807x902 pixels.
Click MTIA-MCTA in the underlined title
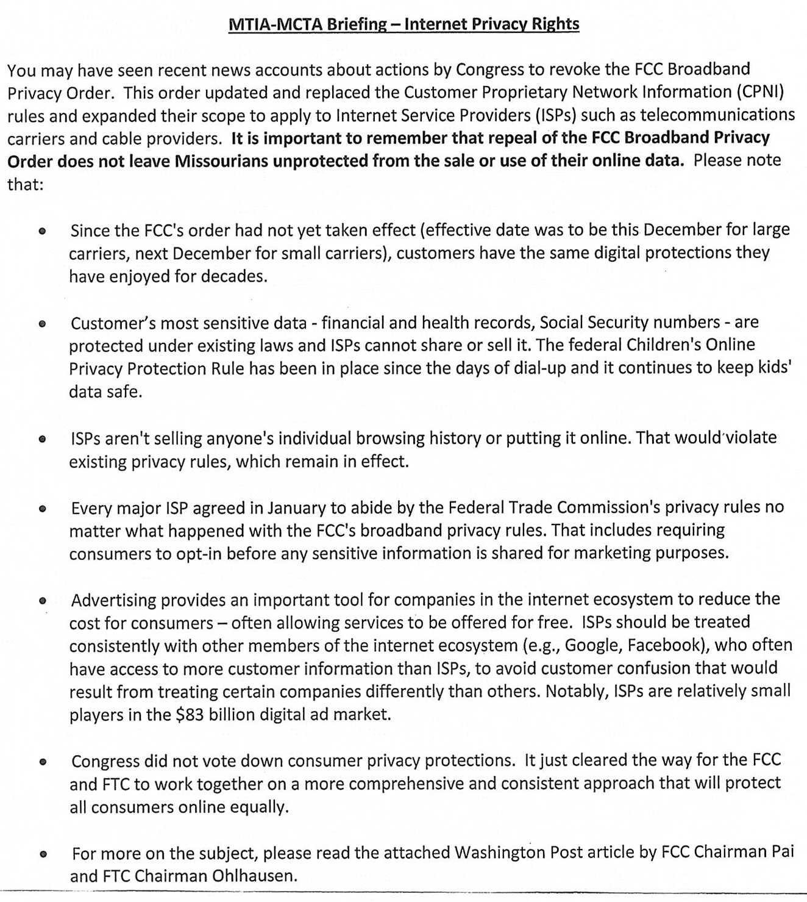tap(276, 24)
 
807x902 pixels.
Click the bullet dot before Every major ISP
tap(42, 509)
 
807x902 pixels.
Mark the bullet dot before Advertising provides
tap(42, 601)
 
